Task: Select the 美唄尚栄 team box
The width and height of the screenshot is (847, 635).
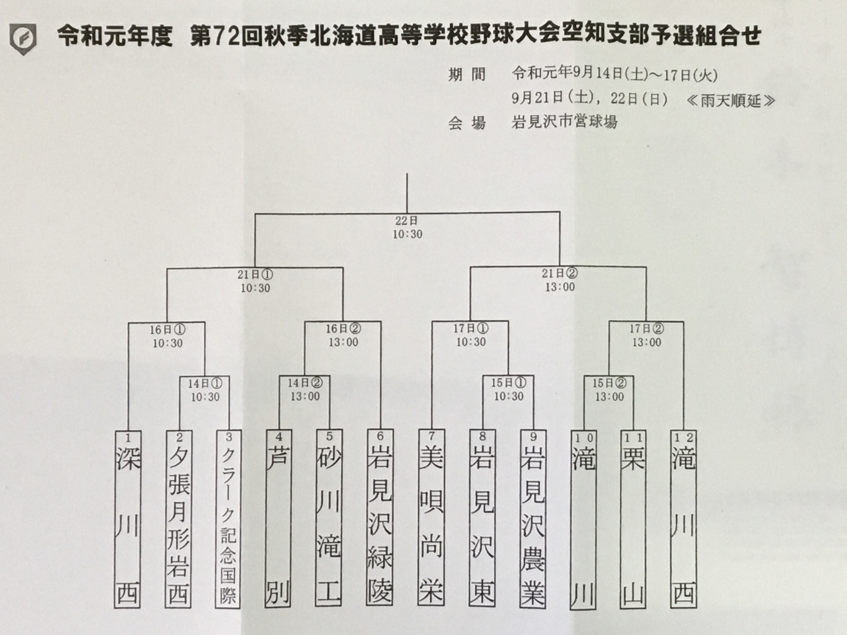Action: click(431, 517)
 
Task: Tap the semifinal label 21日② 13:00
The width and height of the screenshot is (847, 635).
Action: click(560, 280)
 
